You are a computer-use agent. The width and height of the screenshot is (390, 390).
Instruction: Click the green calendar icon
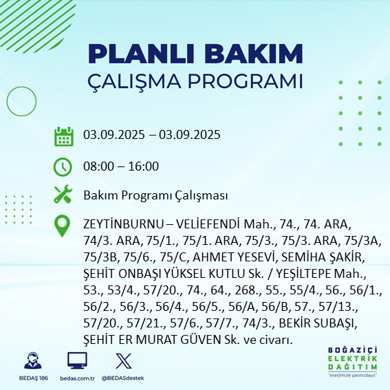point(64,136)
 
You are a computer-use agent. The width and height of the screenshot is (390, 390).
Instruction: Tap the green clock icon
point(64,166)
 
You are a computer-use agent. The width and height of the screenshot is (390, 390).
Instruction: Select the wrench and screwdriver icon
point(64,195)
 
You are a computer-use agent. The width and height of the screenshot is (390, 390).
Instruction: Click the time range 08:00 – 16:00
point(120,166)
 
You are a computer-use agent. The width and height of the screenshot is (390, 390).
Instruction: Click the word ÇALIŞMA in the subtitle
point(136,81)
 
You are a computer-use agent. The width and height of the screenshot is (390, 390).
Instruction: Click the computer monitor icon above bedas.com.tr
point(76,361)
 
